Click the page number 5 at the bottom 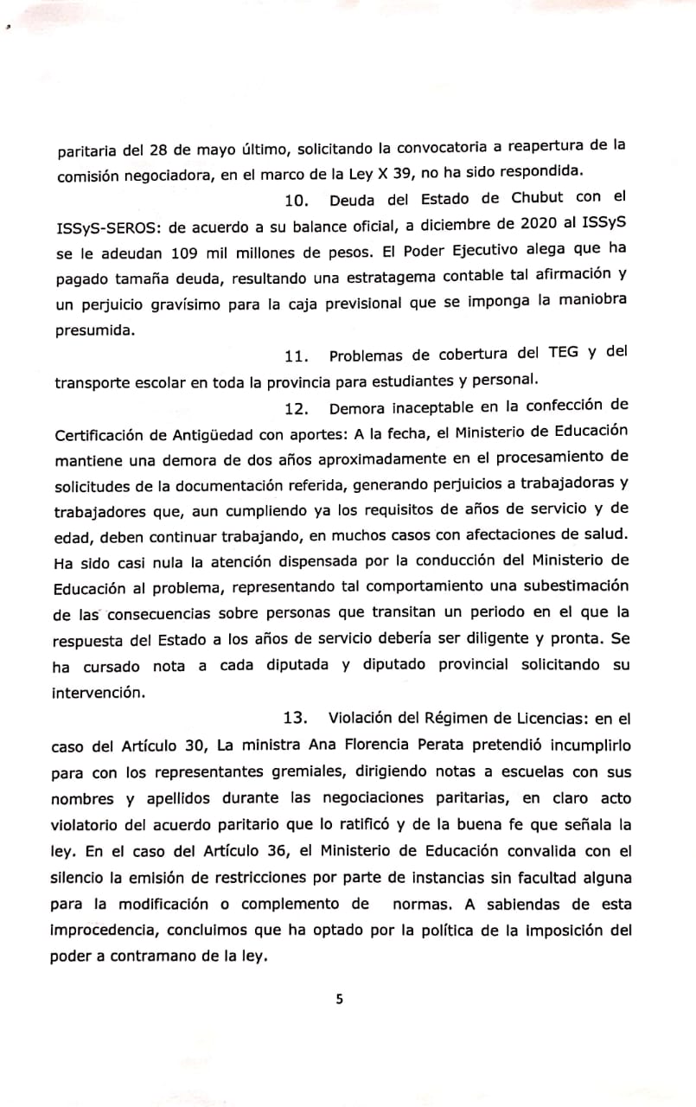[x=340, y=999]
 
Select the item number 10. [x=297, y=201]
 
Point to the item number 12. [x=297, y=406]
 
